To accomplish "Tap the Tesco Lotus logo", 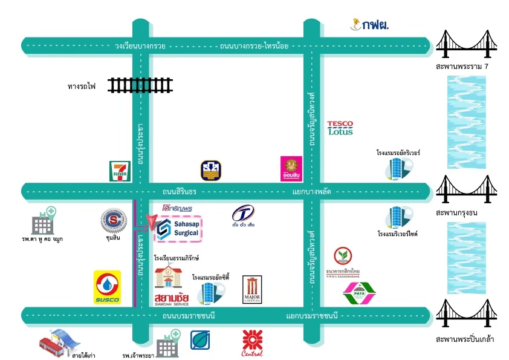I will pos(340,128).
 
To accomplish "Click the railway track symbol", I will pos(141,85).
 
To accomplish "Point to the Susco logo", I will pos(107,287).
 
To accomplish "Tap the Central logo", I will pos(252,343).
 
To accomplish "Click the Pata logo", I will pos(359,294).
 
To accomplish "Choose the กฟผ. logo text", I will pos(369,25).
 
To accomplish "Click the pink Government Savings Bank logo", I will pos(292,169).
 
